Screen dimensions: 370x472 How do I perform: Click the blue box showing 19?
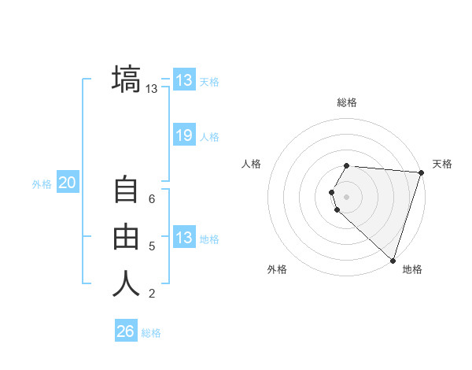[184, 135]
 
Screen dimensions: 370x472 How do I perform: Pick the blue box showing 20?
[68, 183]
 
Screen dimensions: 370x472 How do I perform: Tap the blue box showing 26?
[126, 331]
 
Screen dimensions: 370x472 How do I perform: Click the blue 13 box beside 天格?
[184, 80]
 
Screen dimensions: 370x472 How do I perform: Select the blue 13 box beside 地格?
[184, 238]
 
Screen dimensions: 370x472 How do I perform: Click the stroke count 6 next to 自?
[152, 199]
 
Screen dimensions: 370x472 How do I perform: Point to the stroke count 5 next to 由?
[152, 246]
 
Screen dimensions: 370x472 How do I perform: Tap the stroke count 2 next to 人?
[152, 294]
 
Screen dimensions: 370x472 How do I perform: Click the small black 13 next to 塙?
[152, 89]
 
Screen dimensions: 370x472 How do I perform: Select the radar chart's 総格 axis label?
[347, 102]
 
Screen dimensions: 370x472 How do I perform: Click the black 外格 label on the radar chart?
[277, 269]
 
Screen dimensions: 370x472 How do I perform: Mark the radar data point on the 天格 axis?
[421, 172]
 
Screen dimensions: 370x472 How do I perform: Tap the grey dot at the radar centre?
[347, 196]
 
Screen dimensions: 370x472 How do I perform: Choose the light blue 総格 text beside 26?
[151, 333]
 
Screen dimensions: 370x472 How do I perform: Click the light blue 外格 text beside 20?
[42, 184]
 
